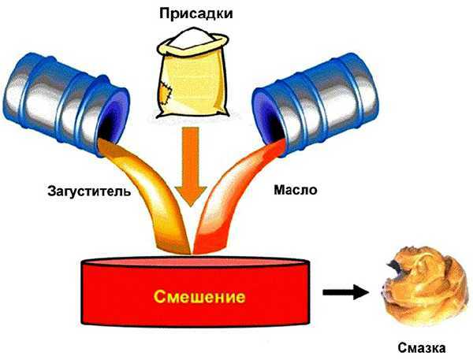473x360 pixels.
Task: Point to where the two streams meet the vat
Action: [188, 254]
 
